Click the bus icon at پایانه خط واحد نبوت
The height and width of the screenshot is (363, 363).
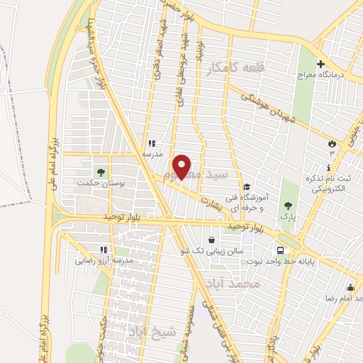coord(281,250)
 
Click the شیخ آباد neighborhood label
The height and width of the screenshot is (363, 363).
coord(148,330)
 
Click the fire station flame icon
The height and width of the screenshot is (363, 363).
coord(331,143)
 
